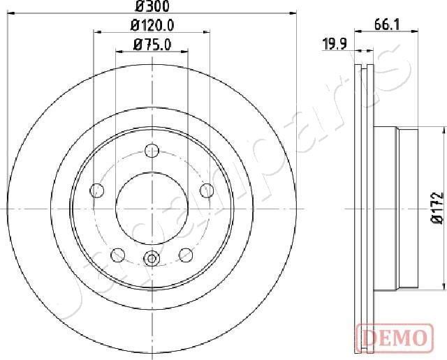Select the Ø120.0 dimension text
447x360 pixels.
tap(152, 26)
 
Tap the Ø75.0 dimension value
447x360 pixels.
tap(152, 46)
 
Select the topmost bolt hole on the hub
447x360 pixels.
tap(152, 149)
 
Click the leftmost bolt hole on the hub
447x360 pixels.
tap(98, 190)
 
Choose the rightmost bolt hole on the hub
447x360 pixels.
tap(206, 190)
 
